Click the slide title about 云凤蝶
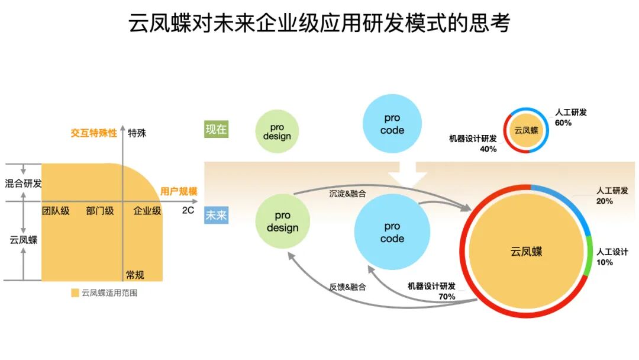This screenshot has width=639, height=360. (x=319, y=24)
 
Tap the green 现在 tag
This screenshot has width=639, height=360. (x=216, y=129)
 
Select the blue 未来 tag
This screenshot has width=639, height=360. (x=216, y=215)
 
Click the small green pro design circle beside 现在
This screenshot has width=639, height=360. (x=277, y=132)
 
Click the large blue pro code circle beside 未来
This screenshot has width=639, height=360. (x=392, y=232)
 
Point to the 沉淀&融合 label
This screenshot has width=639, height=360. (x=347, y=193)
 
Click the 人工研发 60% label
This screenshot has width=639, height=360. (x=570, y=117)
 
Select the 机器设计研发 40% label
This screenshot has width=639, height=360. (x=473, y=143)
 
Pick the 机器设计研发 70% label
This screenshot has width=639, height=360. (x=432, y=291)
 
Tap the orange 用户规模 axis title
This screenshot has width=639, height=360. (x=179, y=191)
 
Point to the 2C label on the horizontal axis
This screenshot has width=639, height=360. (x=188, y=210)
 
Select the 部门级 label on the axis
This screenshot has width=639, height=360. (x=100, y=211)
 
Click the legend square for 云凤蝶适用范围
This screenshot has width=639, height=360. (x=75, y=292)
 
